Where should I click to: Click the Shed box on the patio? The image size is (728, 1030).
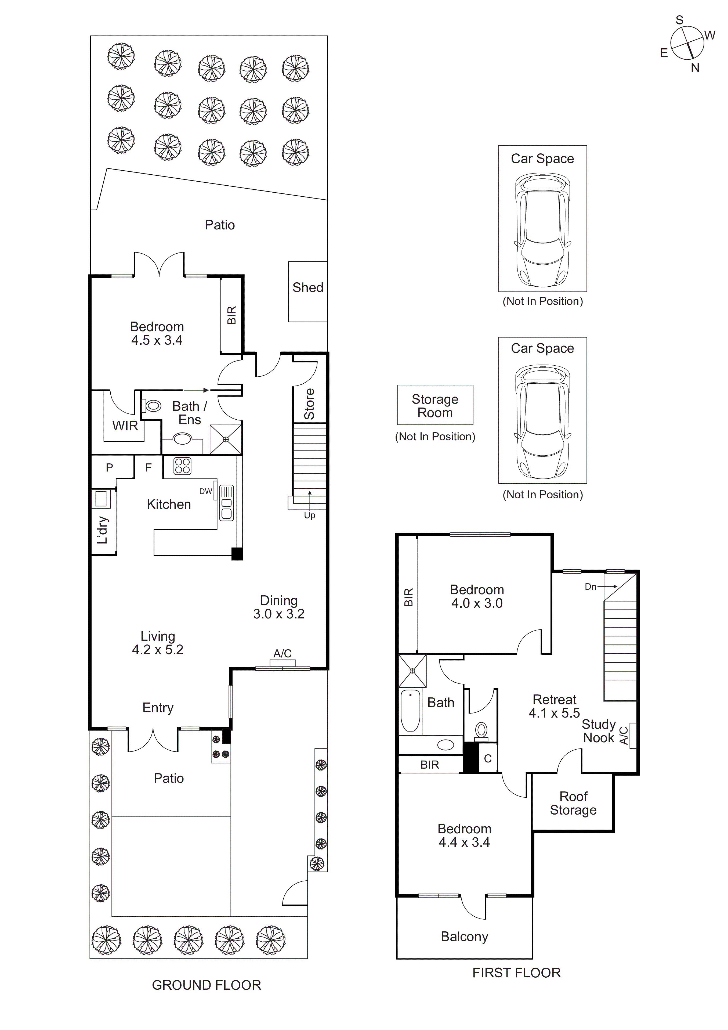308,291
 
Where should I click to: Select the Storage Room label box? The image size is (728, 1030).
435,405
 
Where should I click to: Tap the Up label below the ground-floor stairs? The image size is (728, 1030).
310,516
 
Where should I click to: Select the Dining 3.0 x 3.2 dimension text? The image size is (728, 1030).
278,607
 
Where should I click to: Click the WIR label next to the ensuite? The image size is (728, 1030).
125,426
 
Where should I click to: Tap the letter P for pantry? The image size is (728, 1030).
110,467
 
